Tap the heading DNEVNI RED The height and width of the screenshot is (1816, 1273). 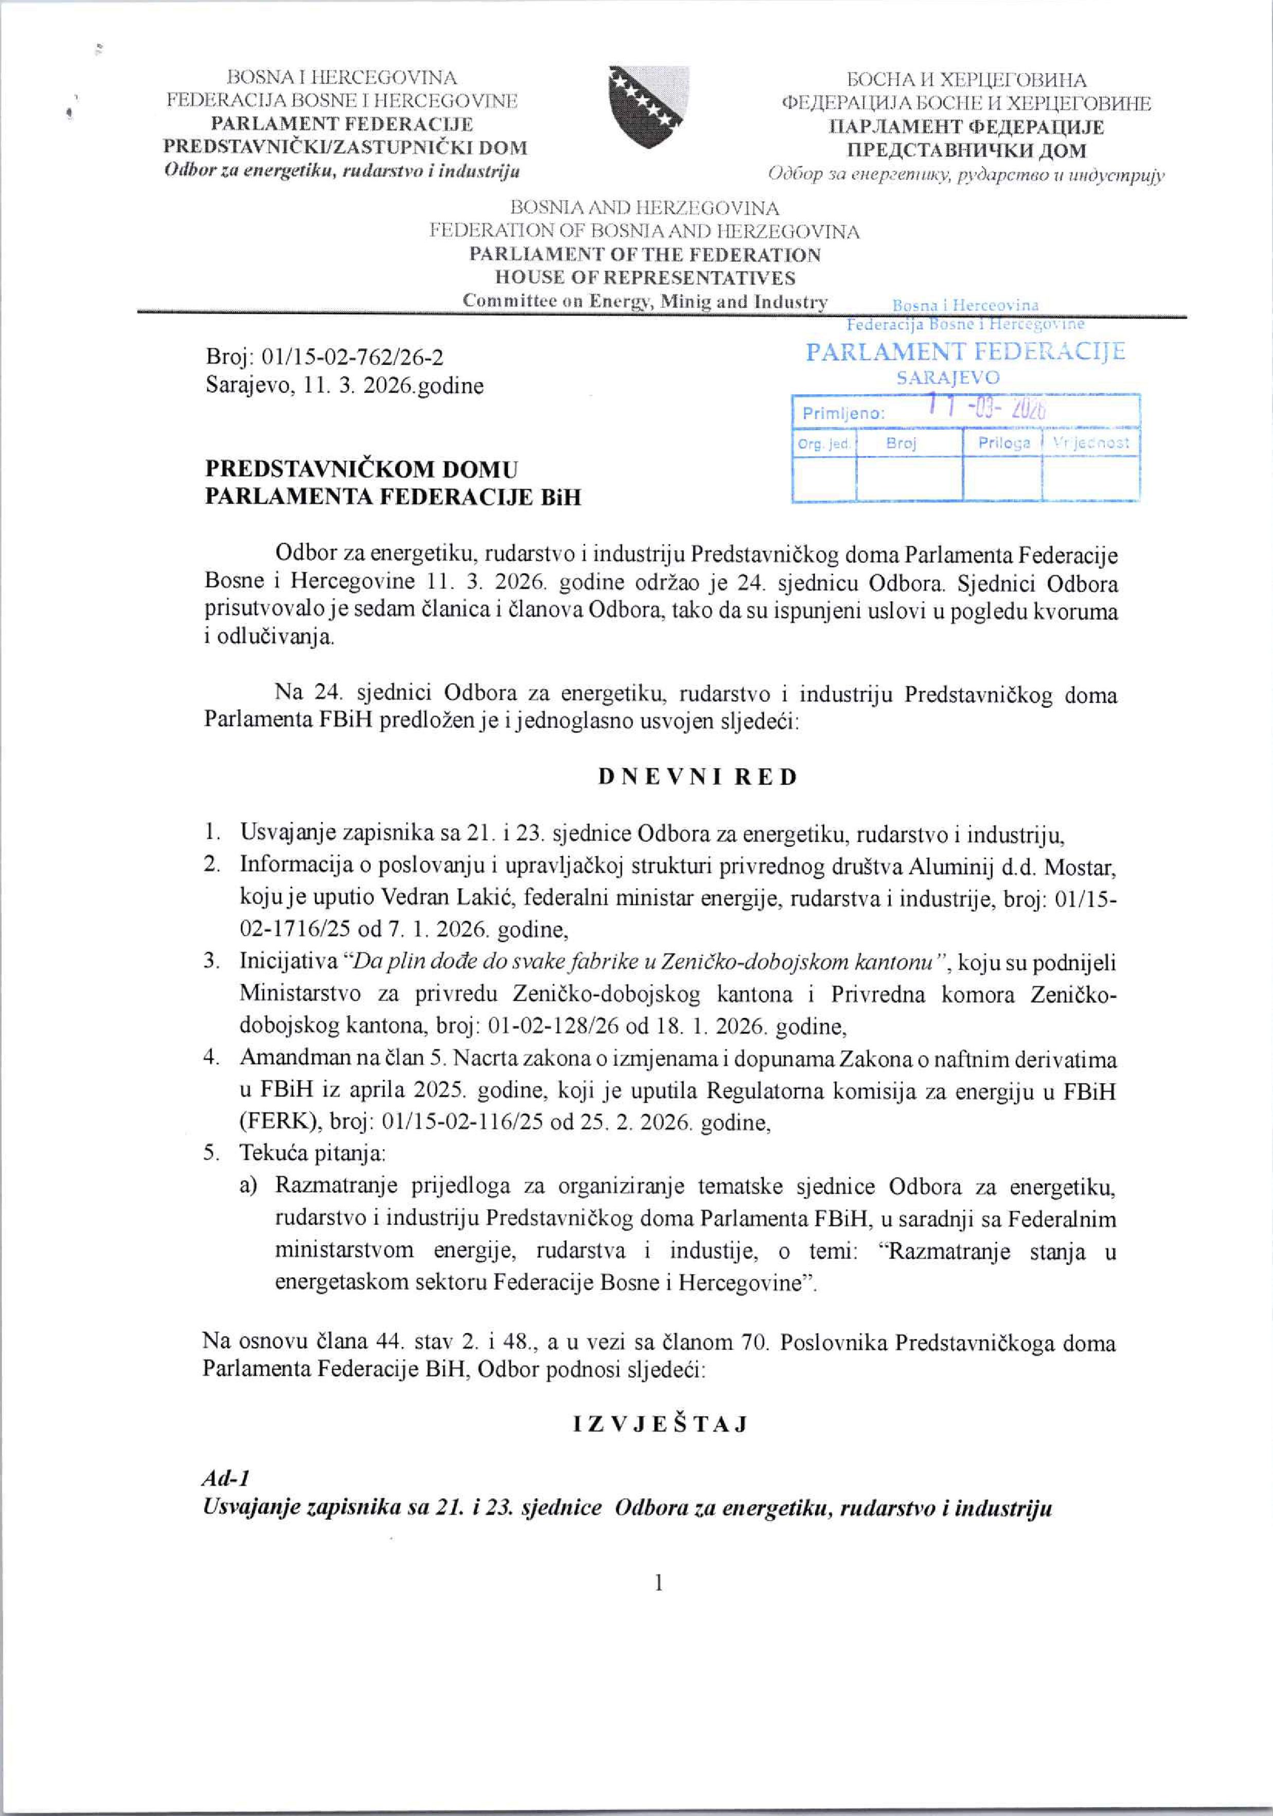[697, 777]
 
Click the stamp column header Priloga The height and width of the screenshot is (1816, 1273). [1004, 443]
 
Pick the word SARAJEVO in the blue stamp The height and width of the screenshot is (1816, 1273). [948, 378]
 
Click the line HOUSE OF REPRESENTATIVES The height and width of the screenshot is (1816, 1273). [644, 277]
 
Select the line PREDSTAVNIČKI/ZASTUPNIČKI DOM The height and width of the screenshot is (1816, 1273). [345, 147]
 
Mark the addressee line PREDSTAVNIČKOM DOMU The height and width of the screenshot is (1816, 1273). [362, 469]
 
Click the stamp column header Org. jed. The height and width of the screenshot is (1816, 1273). [824, 444]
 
